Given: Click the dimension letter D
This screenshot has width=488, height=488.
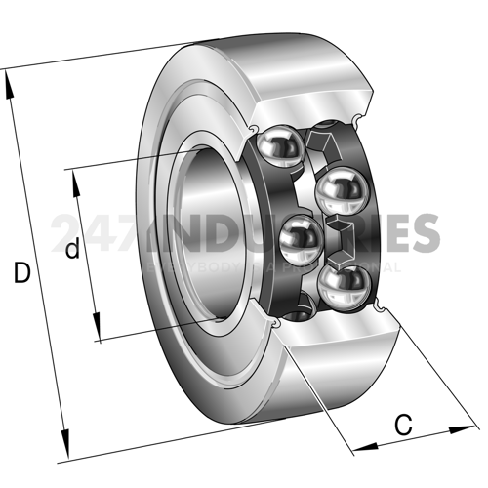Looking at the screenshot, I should pyautogui.click(x=21, y=274).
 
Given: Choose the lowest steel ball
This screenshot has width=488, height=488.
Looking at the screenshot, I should pyautogui.click(x=343, y=286).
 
